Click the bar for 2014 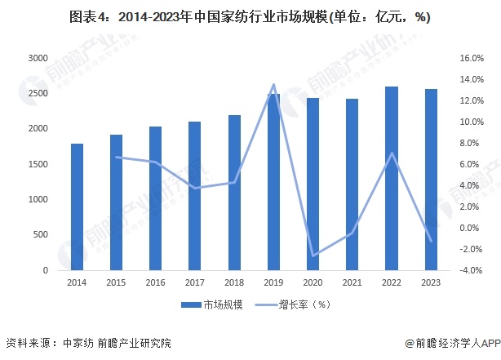(x=78, y=207)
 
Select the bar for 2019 (x=273, y=182)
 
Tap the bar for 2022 (x=392, y=178)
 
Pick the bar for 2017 (x=195, y=196)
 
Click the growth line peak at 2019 (x=273, y=85)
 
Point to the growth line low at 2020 (x=313, y=256)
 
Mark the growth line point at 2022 (x=392, y=153)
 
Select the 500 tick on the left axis (x=39, y=235)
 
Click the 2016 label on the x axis (x=155, y=282)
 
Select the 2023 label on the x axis (x=431, y=282)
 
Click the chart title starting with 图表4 (x=250, y=16)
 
